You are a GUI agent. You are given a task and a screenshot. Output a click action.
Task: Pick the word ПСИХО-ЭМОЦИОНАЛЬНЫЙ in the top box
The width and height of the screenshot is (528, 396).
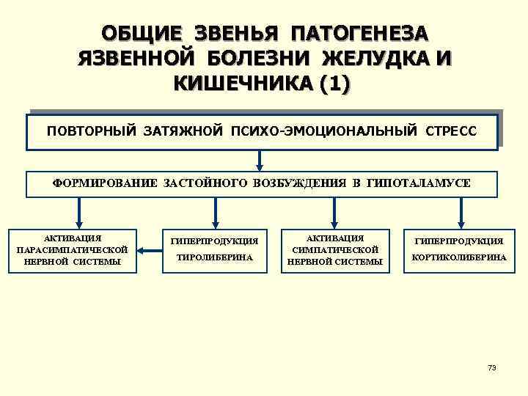pos(323,132)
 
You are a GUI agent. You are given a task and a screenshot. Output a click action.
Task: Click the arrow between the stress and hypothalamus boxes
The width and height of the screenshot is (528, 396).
pos(260,161)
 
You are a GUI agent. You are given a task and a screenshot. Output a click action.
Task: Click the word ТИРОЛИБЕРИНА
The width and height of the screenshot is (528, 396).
pos(213,258)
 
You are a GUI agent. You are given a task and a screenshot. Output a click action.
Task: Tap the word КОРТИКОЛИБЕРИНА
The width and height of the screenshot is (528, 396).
pos(459,258)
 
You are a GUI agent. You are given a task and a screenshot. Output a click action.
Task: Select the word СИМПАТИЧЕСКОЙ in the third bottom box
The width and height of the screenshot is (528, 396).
pos(334,250)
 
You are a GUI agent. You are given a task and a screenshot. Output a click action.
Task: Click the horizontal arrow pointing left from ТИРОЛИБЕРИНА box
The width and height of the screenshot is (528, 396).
pos(152,252)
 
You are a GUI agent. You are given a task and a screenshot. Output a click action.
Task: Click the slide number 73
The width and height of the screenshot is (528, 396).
pos(491,367)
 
